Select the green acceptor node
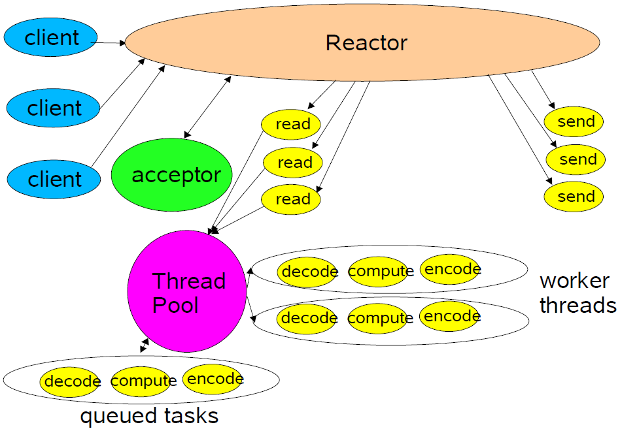coord(172,176)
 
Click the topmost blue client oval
coord(50,37)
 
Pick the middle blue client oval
coord(53,107)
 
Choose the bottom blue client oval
coord(54,178)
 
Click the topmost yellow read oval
coord(291,124)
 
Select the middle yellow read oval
coord(293,163)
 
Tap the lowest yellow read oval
coord(291,199)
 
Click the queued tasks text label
coord(149,416)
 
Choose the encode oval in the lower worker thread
coord(450,316)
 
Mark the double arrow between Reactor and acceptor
coord(207,107)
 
